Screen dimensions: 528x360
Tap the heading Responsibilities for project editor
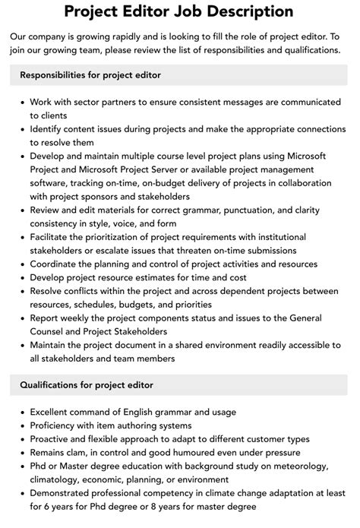(x=90, y=74)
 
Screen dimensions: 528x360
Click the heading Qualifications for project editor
(x=87, y=386)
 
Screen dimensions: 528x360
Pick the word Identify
(x=50, y=128)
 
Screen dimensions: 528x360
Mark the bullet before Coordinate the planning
(x=22, y=264)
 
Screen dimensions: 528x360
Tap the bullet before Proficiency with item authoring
(x=22, y=426)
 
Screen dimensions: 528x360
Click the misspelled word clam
(x=87, y=452)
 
